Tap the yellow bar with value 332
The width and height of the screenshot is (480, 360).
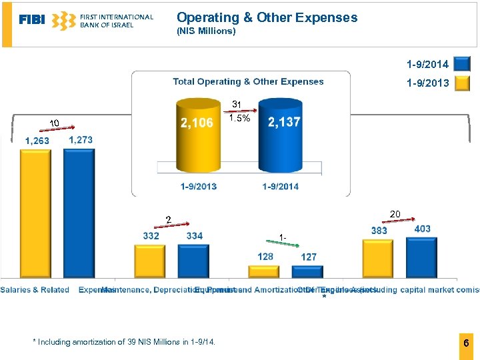click(149, 261)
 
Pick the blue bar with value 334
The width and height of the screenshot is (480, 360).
click(193, 261)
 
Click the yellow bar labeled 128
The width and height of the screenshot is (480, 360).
click(264, 271)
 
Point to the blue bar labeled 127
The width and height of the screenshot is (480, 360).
click(307, 271)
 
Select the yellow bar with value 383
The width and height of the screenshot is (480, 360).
click(378, 258)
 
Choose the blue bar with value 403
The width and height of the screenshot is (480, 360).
click(421, 257)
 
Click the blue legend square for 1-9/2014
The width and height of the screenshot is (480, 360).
click(461, 64)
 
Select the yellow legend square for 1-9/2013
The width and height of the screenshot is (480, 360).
click(461, 83)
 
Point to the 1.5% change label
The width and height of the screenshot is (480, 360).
click(239, 119)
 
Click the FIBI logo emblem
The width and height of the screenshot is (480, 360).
click(64, 21)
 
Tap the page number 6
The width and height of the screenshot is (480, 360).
click(466, 343)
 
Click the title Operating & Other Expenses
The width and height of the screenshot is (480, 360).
click(267, 18)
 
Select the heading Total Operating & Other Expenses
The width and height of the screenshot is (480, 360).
click(248, 81)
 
